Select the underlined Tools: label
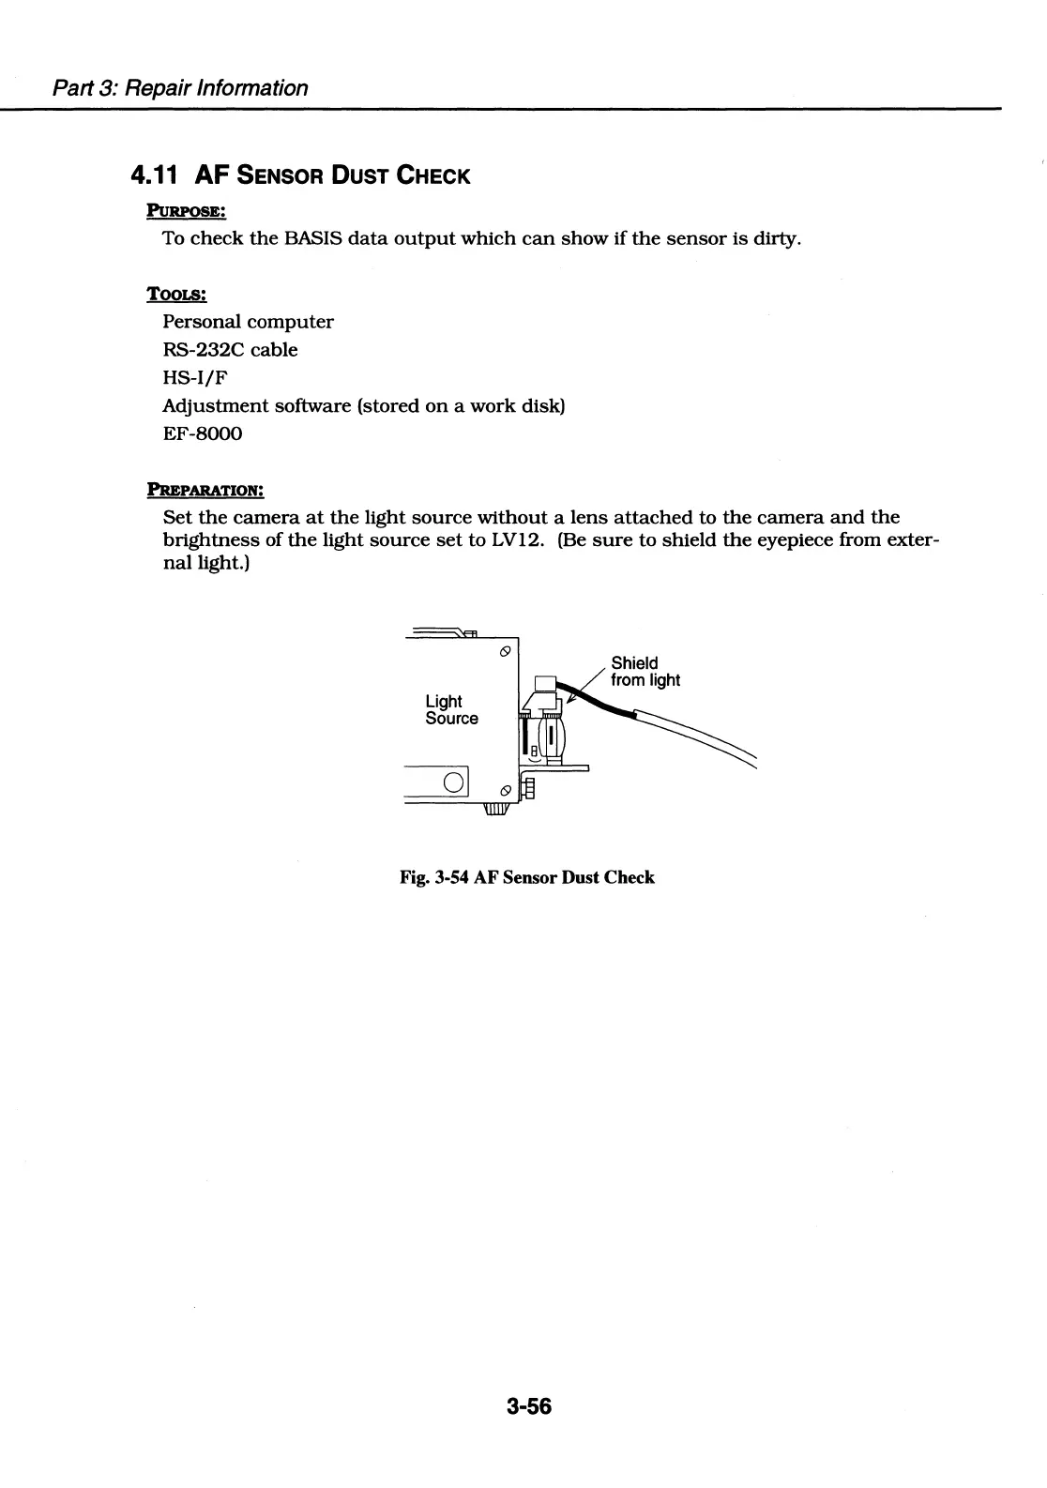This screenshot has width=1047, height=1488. point(176,294)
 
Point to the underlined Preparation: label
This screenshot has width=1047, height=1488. point(205,489)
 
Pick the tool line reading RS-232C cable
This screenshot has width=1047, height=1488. point(230,350)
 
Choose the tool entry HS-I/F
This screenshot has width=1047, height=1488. point(195,378)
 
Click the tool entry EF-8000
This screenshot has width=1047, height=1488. point(203,433)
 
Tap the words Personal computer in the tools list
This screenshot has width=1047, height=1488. point(248,322)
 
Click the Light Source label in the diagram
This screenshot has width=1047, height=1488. point(451,710)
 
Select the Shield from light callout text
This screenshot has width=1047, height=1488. point(645,672)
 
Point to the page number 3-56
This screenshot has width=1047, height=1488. point(529,1406)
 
